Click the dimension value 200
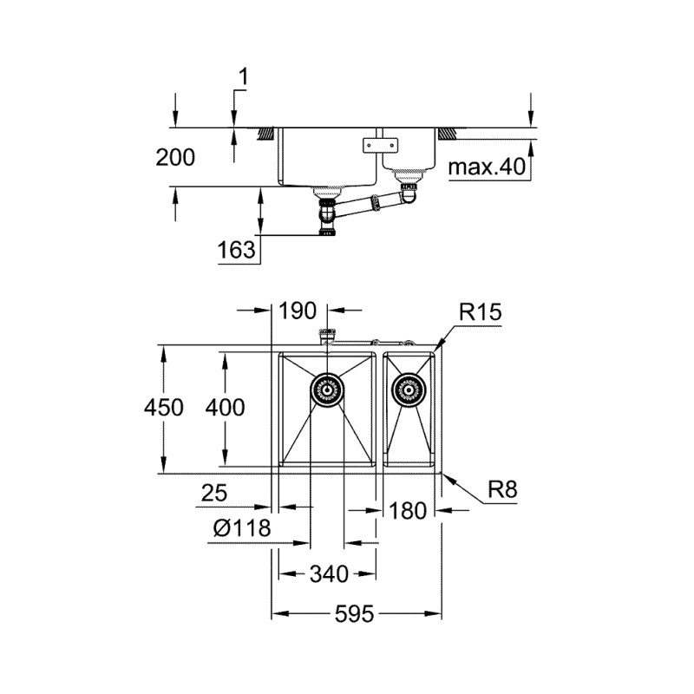pos(175,157)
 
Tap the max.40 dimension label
pos(488,167)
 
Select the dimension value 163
pos(237,251)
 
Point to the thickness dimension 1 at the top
pos(243,78)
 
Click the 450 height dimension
pos(164,407)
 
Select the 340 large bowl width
pos(327,573)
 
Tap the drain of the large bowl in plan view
pos(327,390)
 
